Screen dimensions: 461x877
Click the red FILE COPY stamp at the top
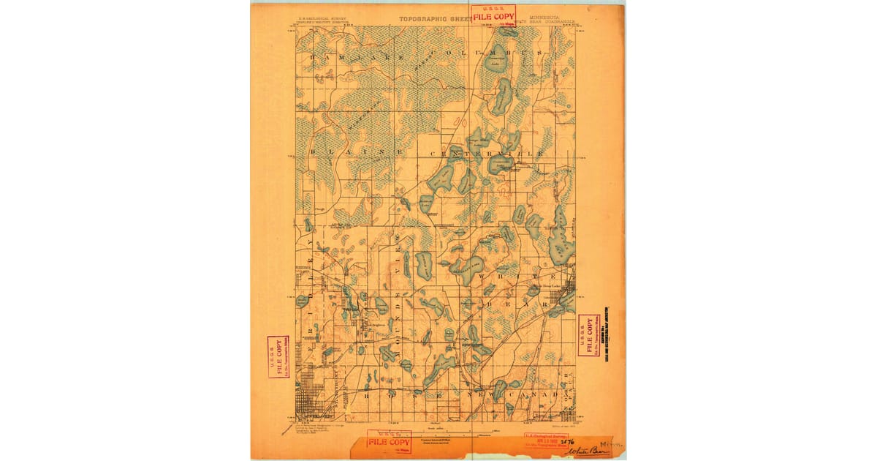[x=493, y=15]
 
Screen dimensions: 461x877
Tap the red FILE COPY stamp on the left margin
[x=278, y=356]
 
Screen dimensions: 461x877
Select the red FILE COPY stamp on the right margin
[x=588, y=334]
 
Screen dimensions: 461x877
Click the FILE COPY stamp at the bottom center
[x=389, y=442]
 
